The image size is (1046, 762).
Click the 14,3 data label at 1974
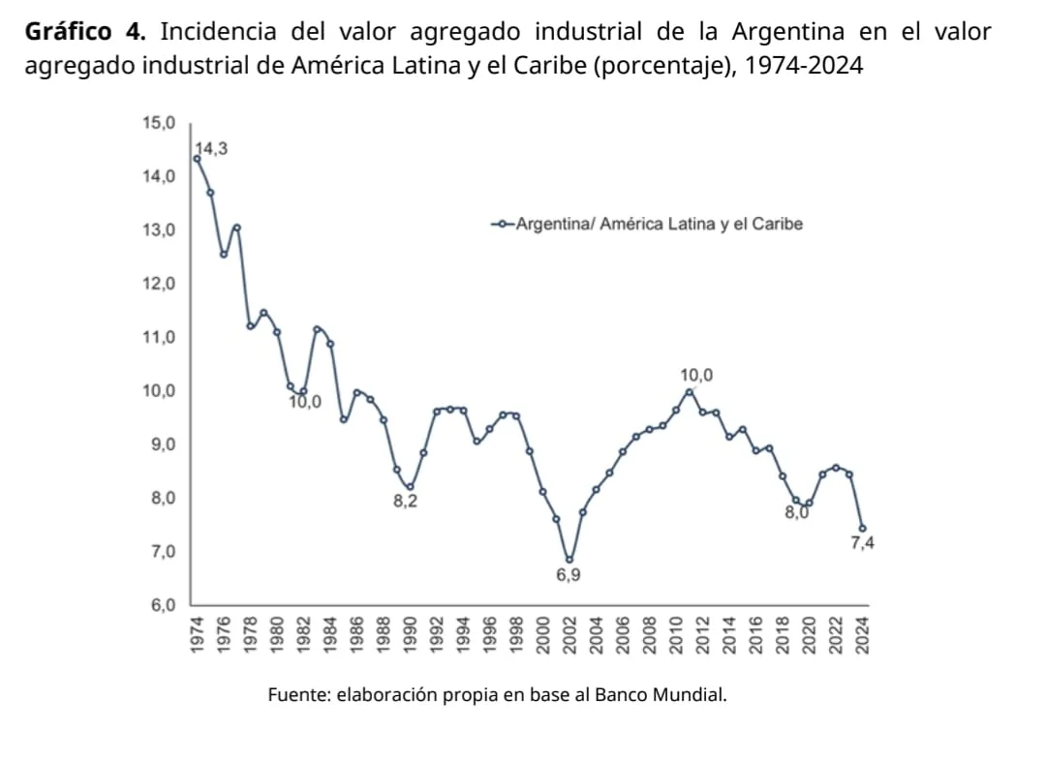(x=212, y=148)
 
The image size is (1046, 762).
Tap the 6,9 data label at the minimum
(x=569, y=575)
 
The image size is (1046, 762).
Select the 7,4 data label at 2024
(x=862, y=543)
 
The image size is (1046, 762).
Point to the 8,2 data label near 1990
(x=406, y=502)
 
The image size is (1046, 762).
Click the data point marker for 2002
(x=569, y=560)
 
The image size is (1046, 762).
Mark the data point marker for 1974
(x=197, y=159)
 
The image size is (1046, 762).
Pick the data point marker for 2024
(x=862, y=529)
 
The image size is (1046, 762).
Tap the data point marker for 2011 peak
(x=690, y=391)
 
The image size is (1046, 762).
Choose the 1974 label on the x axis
(x=197, y=635)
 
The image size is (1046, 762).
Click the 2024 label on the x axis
(x=862, y=635)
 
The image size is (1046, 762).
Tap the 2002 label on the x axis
(x=569, y=635)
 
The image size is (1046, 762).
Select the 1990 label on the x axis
(x=410, y=635)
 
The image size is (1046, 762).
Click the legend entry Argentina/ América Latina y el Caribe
(x=659, y=225)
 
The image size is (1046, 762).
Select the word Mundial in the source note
(x=692, y=694)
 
